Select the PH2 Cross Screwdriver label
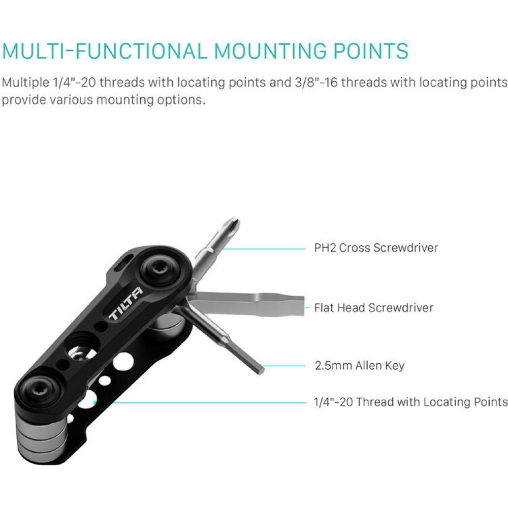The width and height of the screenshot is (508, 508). tap(376, 248)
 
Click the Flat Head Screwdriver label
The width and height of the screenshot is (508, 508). tap(373, 307)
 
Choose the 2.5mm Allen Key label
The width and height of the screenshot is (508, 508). tap(360, 365)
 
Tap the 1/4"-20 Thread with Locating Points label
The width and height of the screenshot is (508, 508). tap(411, 402)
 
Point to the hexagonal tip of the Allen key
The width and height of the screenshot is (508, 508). tap(260, 369)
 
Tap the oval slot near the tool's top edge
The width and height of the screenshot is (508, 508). tap(120, 264)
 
